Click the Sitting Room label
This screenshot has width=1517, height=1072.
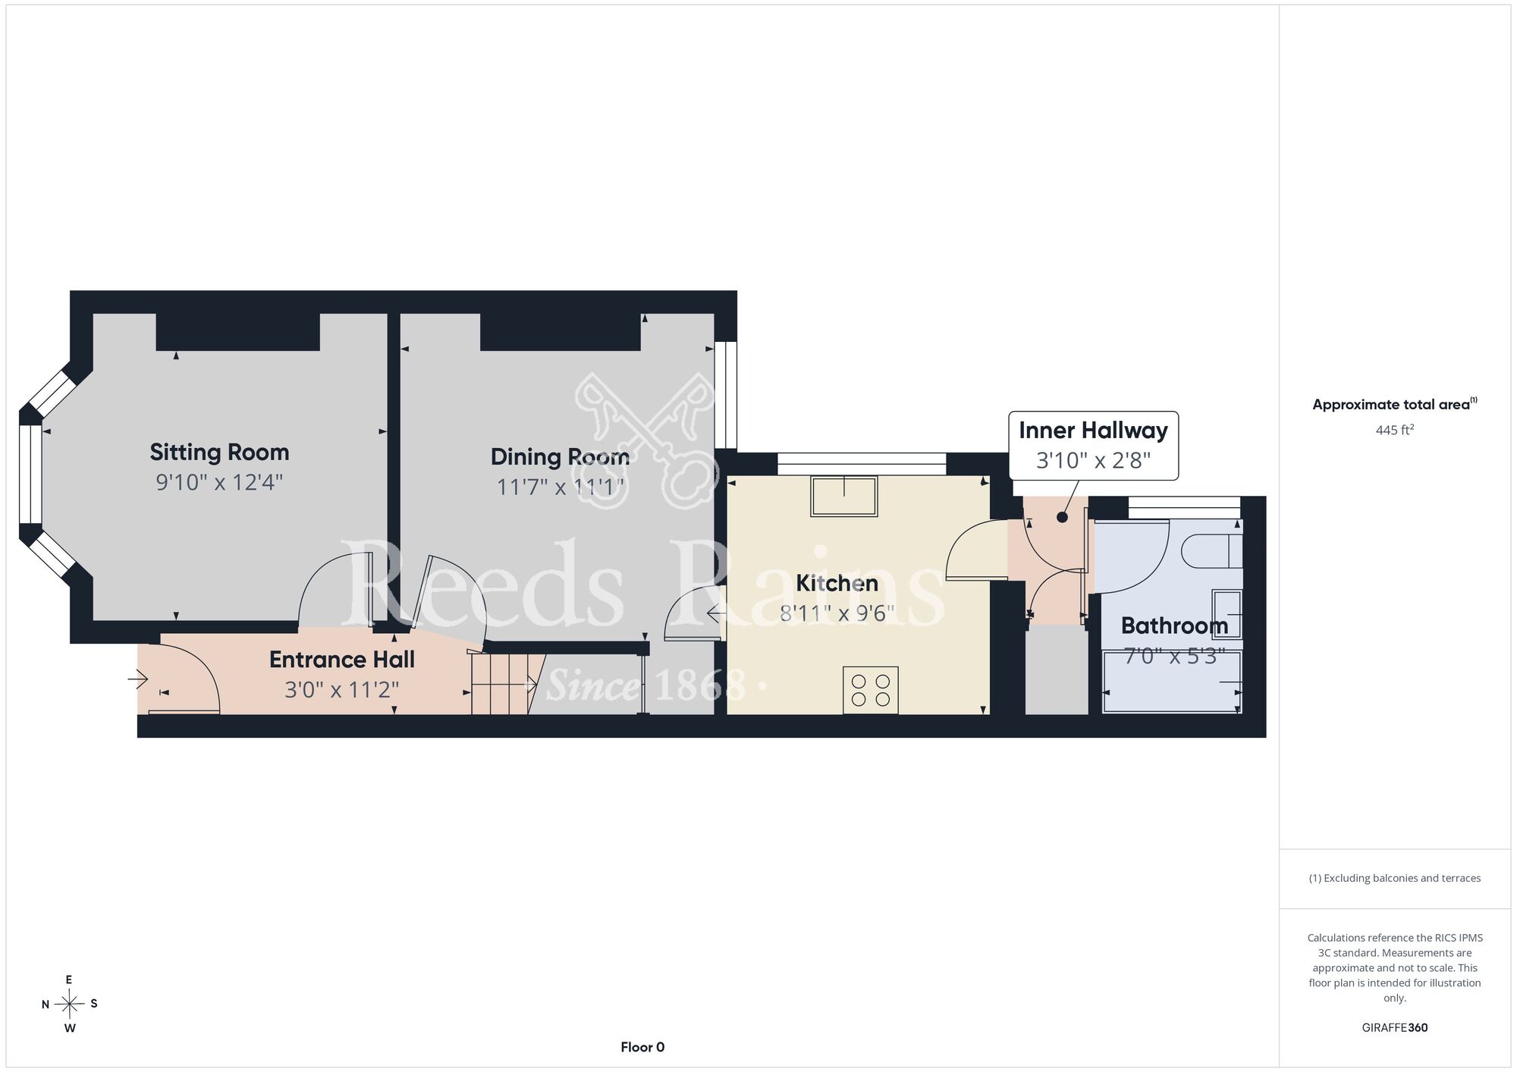(x=219, y=453)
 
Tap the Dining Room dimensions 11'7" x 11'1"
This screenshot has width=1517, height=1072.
(x=561, y=487)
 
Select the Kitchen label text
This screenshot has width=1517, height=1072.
(x=837, y=583)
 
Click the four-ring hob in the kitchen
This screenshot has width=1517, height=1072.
(x=871, y=690)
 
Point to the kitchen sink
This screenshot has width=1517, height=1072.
(x=844, y=497)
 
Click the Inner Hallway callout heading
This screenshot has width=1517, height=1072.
(x=1093, y=431)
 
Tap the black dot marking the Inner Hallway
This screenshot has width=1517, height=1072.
(x=1062, y=517)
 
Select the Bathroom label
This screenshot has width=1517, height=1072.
(x=1174, y=625)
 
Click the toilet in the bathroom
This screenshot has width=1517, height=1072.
(x=1213, y=551)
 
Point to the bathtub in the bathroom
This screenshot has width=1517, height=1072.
(x=1172, y=682)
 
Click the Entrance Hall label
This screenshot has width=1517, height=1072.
(x=342, y=660)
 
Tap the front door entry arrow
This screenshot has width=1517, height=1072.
(x=137, y=679)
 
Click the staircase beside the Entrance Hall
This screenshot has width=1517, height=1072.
(x=501, y=684)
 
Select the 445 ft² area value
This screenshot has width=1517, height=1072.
(x=1395, y=430)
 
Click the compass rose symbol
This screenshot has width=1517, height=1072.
(x=69, y=1005)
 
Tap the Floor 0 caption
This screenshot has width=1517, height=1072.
(x=642, y=1047)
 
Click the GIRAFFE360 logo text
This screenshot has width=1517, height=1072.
(x=1395, y=1028)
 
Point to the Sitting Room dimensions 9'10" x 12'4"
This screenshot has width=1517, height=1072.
(x=219, y=482)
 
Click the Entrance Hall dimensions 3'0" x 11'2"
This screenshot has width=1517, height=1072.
(x=342, y=690)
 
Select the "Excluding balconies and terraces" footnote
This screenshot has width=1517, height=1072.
(x=1395, y=878)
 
